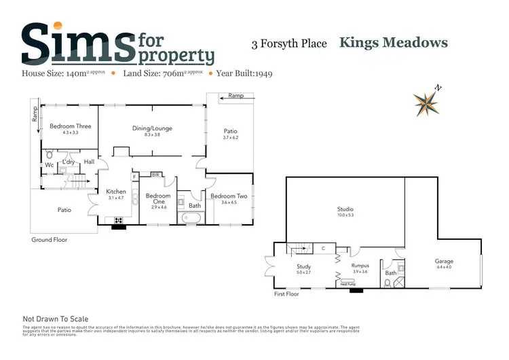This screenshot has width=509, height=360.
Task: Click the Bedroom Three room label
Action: pos(71,126)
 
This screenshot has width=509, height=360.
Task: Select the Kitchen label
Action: pos(116,192)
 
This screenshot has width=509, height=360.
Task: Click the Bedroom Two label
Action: pos(224,196)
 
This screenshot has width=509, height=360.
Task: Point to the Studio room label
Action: pos(345,209)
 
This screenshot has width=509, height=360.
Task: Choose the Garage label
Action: pos(444,261)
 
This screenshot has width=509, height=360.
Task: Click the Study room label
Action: pos(304,267)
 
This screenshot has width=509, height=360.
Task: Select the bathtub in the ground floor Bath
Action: pos(193,218)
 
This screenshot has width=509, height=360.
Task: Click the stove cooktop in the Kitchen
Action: pos(119,220)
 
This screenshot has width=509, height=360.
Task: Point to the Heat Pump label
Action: pos(349,284)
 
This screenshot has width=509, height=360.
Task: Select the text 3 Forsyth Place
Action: pos(289,44)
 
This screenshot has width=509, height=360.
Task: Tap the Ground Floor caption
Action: pos(50,240)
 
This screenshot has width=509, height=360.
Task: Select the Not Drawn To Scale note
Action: pos(56,319)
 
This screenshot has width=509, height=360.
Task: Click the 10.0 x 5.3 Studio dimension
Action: pos(345,215)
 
